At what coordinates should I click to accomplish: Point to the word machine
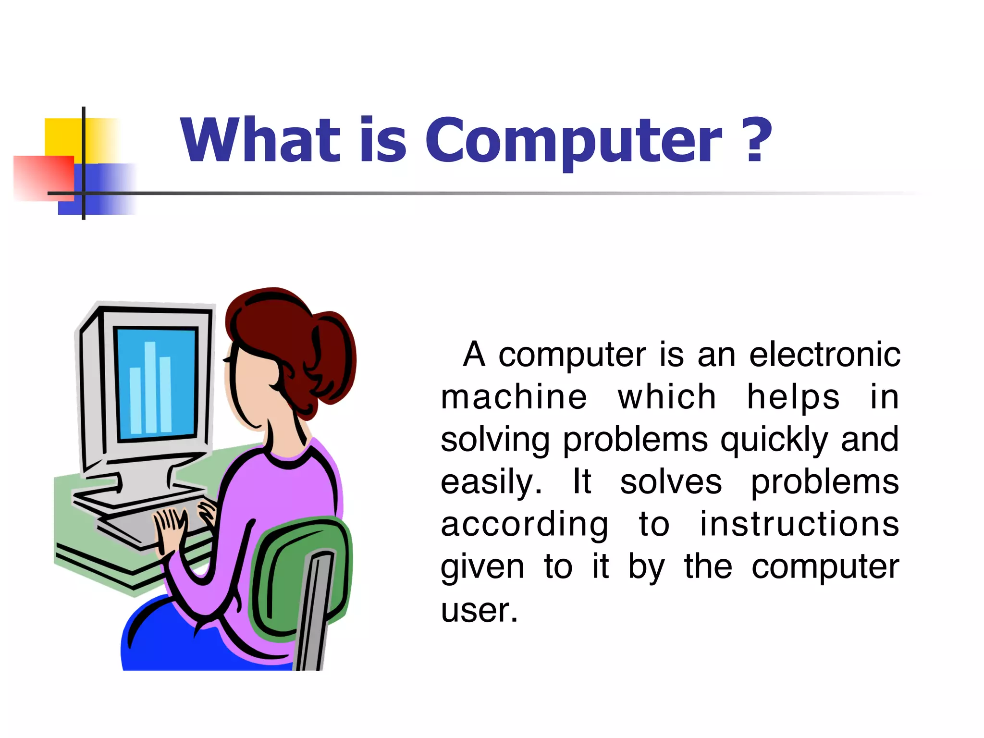tap(514, 397)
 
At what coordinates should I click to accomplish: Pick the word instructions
tap(799, 524)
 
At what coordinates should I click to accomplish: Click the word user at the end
tap(479, 610)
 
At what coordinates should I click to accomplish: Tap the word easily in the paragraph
tap(491, 482)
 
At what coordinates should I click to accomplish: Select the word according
tap(524, 525)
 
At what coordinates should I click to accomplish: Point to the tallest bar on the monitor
tap(150, 387)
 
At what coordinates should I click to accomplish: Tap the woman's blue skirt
tap(192, 644)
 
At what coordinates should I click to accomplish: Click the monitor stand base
tap(139, 495)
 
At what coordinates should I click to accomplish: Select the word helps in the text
tap(793, 397)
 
